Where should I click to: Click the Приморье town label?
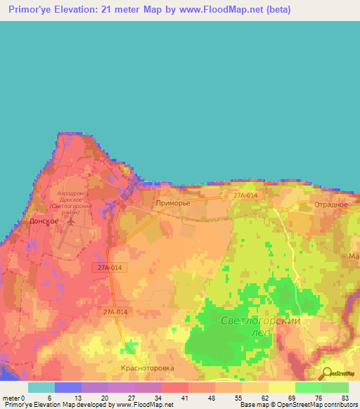[172, 203]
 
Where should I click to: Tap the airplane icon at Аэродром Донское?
[70, 221]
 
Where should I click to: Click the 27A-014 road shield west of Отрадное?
[245, 195]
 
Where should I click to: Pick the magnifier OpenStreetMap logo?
[326, 374]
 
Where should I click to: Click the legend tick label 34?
[161, 397]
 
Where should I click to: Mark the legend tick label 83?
[345, 397]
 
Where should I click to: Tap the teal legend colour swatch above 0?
[41, 387]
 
